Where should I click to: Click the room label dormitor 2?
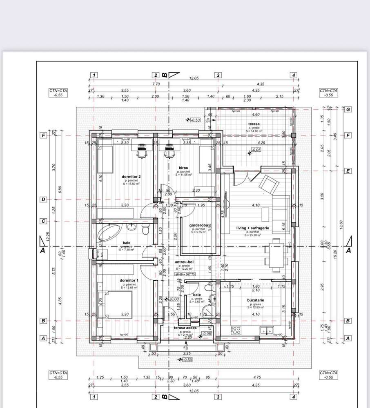[131, 177]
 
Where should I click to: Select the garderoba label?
[198, 225]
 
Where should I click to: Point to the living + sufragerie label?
[252, 228]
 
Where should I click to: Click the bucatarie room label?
[256, 300]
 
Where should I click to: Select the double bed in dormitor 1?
[118, 304]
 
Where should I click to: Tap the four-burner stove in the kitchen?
[236, 330]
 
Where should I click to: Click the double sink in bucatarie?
[267, 330]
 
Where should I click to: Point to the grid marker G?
[348, 109]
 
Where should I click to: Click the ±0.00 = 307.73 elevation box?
[185, 274]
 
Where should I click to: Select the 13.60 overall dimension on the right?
[341, 224]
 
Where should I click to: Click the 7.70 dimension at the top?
[156, 84]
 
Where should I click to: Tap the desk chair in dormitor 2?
[141, 151]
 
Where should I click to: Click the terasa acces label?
[185, 328]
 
